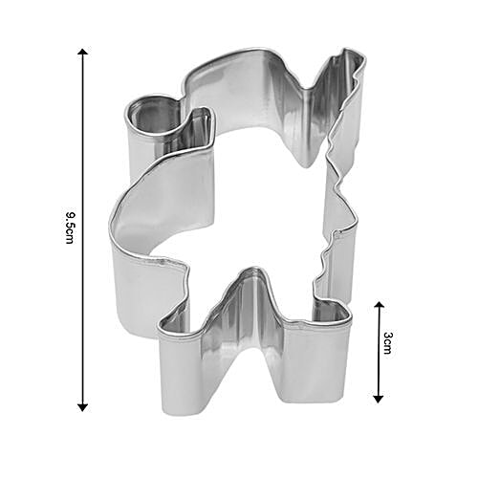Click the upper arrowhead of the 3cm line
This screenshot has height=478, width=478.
coord(379,305)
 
